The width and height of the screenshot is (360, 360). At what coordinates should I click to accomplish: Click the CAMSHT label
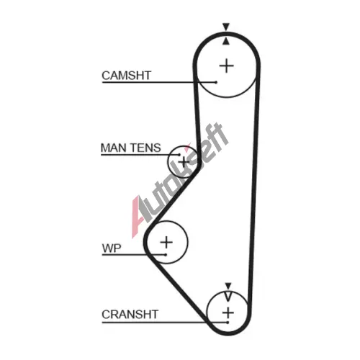click(x=127, y=76)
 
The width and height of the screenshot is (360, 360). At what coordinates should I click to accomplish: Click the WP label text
click(x=112, y=248)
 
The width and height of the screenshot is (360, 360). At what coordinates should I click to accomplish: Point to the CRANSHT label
click(x=130, y=315)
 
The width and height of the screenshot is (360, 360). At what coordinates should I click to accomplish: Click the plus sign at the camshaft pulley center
click(x=227, y=66)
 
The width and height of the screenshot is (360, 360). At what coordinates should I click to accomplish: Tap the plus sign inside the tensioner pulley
click(x=184, y=162)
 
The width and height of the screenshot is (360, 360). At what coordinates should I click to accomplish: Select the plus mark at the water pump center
click(x=166, y=242)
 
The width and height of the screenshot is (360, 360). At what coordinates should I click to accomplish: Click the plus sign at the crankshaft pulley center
click(x=228, y=312)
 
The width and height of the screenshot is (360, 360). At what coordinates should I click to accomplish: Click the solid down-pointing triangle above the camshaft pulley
click(x=226, y=26)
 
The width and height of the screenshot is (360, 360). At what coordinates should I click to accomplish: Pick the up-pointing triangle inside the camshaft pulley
click(x=225, y=41)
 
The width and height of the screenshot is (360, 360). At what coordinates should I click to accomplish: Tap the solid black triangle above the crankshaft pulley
click(x=228, y=286)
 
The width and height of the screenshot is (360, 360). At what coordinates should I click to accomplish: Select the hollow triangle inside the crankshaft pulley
click(x=228, y=297)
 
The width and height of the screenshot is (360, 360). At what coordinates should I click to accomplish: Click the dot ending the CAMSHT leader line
click(x=216, y=82)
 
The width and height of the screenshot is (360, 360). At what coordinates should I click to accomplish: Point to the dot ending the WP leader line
click(x=166, y=255)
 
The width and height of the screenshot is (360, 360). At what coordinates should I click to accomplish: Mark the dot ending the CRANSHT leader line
click(x=228, y=323)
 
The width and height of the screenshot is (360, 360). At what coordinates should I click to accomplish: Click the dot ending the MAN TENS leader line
click(x=179, y=155)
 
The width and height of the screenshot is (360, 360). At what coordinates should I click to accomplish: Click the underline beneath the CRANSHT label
click(x=164, y=323)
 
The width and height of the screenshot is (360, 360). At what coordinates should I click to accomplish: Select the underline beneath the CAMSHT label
click(x=159, y=82)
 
